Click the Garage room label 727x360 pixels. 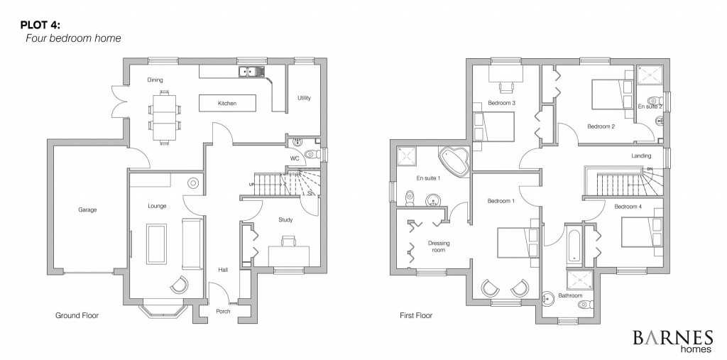[x=87, y=209]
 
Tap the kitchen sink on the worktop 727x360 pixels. [x=251, y=72]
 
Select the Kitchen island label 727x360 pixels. [x=227, y=104]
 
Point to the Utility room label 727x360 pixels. [x=304, y=98]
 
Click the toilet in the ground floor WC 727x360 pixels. [x=312, y=153]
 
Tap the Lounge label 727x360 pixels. [x=157, y=206]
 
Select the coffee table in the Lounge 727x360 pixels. [x=156, y=244]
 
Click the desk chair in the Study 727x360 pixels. [x=288, y=241]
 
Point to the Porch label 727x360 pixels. [x=223, y=311]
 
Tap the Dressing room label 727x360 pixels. [x=439, y=246]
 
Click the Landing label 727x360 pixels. [x=641, y=156]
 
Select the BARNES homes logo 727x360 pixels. [x=673, y=341]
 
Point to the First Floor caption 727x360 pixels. [x=416, y=315]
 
